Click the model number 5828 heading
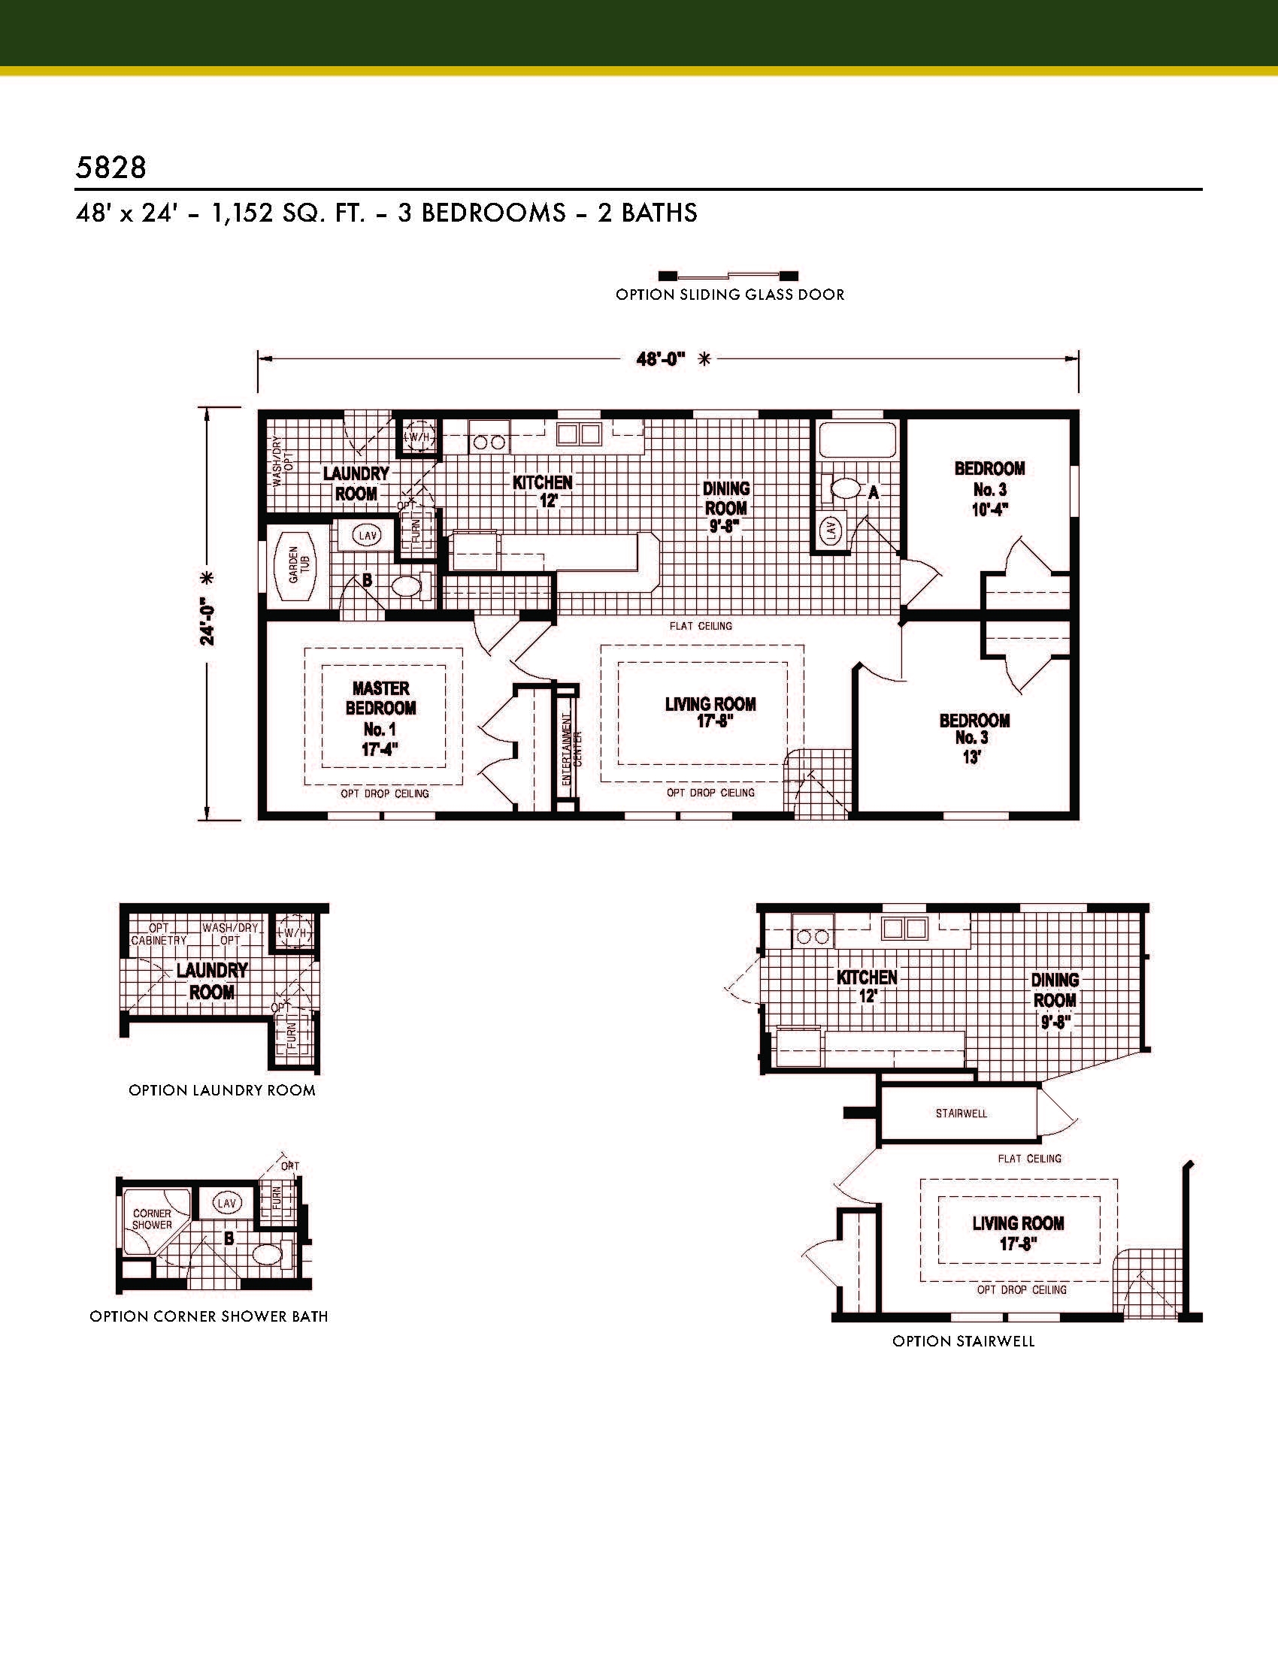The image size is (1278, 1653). pyautogui.click(x=111, y=168)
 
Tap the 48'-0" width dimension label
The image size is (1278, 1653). pyautogui.click(x=660, y=359)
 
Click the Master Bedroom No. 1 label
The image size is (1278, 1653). pyautogui.click(x=381, y=718)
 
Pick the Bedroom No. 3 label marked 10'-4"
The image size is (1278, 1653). pyautogui.click(x=989, y=489)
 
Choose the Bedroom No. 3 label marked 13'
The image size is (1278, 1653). pyautogui.click(x=974, y=738)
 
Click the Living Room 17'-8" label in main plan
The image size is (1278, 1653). pyautogui.click(x=710, y=712)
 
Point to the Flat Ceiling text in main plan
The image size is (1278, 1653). pyautogui.click(x=701, y=626)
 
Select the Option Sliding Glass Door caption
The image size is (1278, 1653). pyautogui.click(x=730, y=295)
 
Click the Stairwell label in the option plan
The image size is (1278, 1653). pyautogui.click(x=962, y=1114)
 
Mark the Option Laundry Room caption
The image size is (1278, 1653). pyautogui.click(x=222, y=1091)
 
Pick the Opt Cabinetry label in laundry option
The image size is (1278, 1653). pyautogui.click(x=159, y=934)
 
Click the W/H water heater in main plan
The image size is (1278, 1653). pyautogui.click(x=417, y=437)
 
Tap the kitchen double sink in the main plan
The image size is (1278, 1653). pyautogui.click(x=578, y=434)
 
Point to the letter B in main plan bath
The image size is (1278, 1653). pyautogui.click(x=367, y=581)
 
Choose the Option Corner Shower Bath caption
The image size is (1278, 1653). pyautogui.click(x=209, y=1316)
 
